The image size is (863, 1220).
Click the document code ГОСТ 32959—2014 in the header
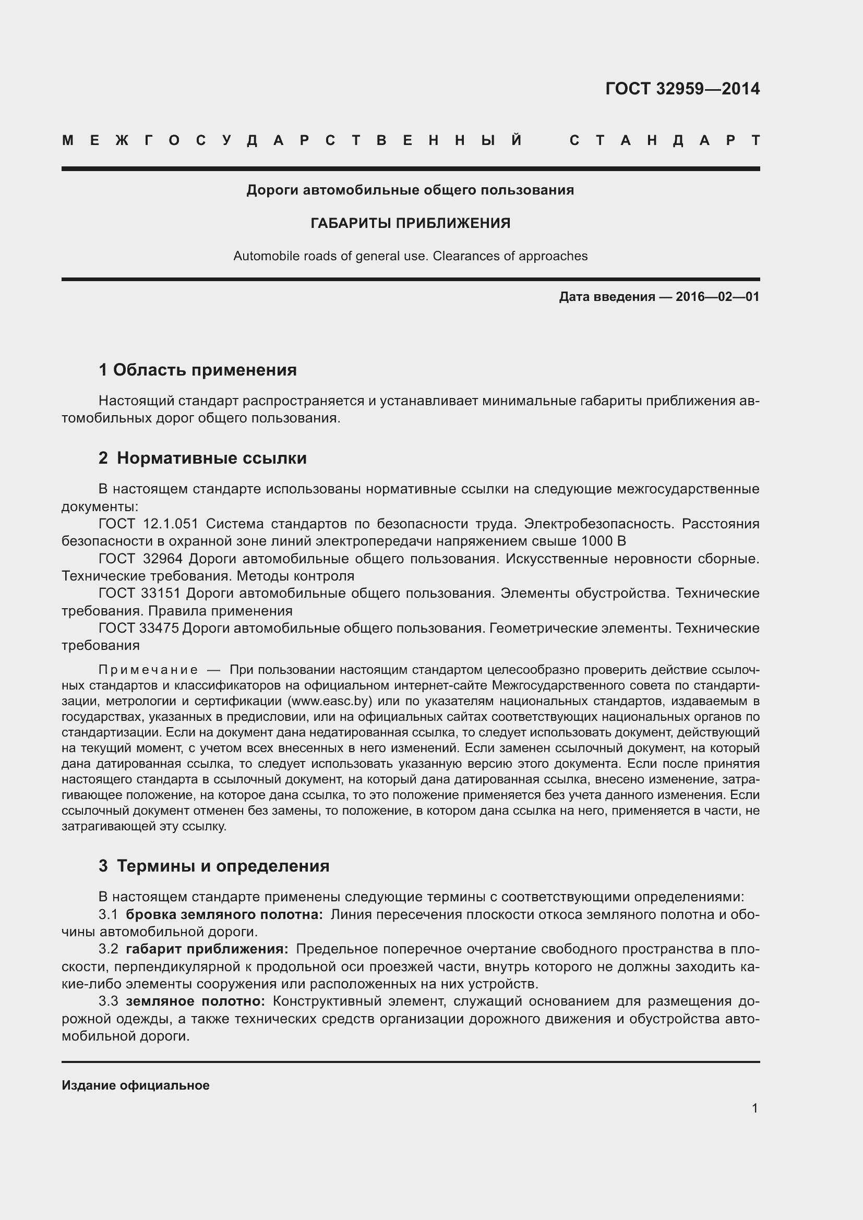[x=682, y=89]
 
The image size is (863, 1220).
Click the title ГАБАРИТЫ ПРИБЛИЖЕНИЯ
[x=410, y=223]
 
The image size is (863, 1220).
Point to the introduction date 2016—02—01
[x=717, y=297]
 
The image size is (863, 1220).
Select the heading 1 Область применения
[x=198, y=370]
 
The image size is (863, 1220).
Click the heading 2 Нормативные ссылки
[x=202, y=458]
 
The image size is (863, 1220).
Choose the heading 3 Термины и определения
[x=213, y=866]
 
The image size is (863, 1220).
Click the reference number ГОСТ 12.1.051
[x=148, y=524]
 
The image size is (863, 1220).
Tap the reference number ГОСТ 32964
[x=141, y=559]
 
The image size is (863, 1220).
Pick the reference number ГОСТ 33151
[x=140, y=593]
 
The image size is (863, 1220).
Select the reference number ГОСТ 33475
[x=139, y=628]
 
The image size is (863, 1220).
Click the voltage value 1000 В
[x=603, y=541]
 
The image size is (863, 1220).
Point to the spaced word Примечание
[x=148, y=670]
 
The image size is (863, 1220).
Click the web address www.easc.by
[x=329, y=701]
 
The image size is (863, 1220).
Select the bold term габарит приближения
[x=207, y=949]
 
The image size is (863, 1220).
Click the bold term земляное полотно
[x=196, y=1001]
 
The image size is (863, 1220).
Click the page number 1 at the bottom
[x=754, y=1108]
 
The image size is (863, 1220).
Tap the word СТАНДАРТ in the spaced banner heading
[x=664, y=141]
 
